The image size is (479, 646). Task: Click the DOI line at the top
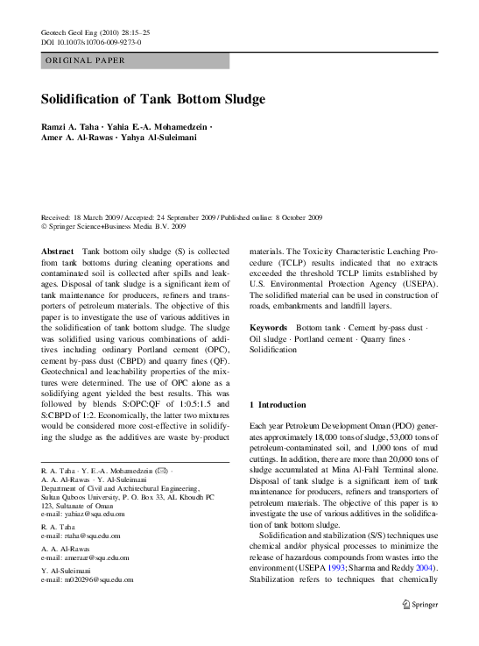pos(91,42)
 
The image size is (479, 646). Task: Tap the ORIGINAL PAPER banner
pos(86,61)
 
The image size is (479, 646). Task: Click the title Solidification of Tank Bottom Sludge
pos(153,99)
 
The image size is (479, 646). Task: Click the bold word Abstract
pos(58,251)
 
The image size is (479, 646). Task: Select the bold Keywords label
pos(269,326)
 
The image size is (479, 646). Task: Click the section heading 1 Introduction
pos(278,405)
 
